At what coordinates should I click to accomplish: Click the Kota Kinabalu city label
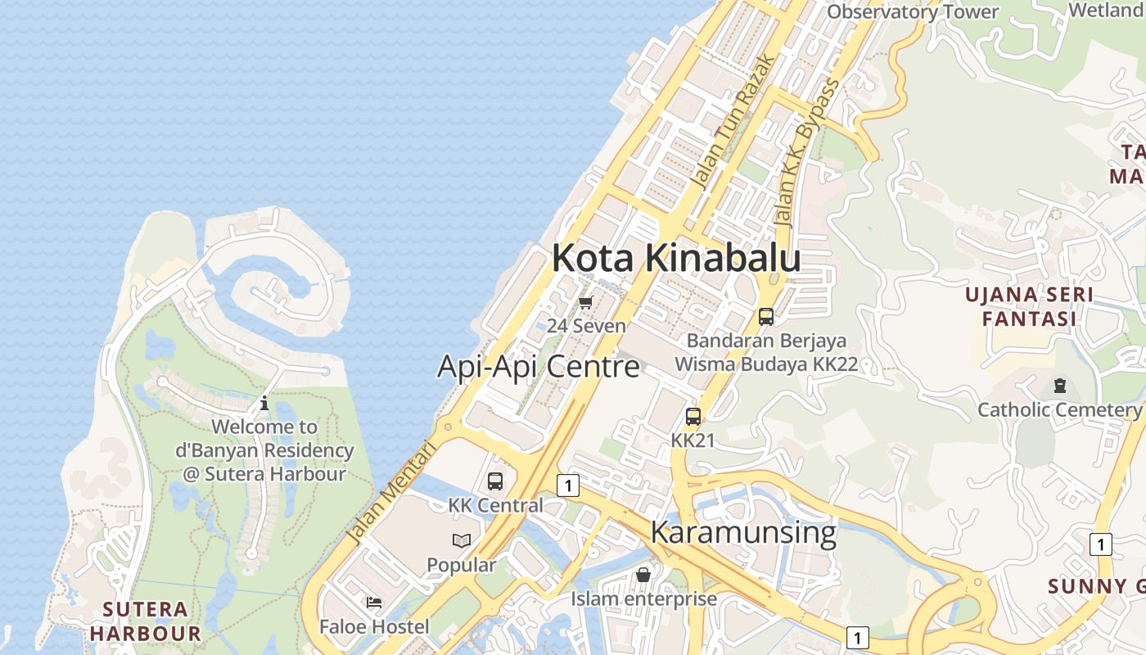676,258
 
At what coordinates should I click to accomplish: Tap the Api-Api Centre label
538,366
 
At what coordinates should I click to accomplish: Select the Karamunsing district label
743,532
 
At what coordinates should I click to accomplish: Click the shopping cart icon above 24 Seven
585,303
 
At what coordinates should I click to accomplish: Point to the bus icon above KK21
693,417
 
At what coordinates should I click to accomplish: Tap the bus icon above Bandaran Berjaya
766,317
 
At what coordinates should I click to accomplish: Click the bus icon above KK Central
495,481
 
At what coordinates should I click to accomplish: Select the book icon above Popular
462,540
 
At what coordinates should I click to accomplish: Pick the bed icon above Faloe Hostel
374,603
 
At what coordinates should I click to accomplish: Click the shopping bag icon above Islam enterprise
643,575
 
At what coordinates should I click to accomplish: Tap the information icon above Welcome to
264,403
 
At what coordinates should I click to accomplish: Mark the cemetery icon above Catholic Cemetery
1060,386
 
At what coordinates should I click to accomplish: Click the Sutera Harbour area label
146,621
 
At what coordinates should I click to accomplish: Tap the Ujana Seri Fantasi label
1030,306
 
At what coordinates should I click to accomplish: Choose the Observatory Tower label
913,11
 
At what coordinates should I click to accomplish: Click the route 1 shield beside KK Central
567,486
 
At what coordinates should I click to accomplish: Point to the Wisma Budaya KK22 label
766,364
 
